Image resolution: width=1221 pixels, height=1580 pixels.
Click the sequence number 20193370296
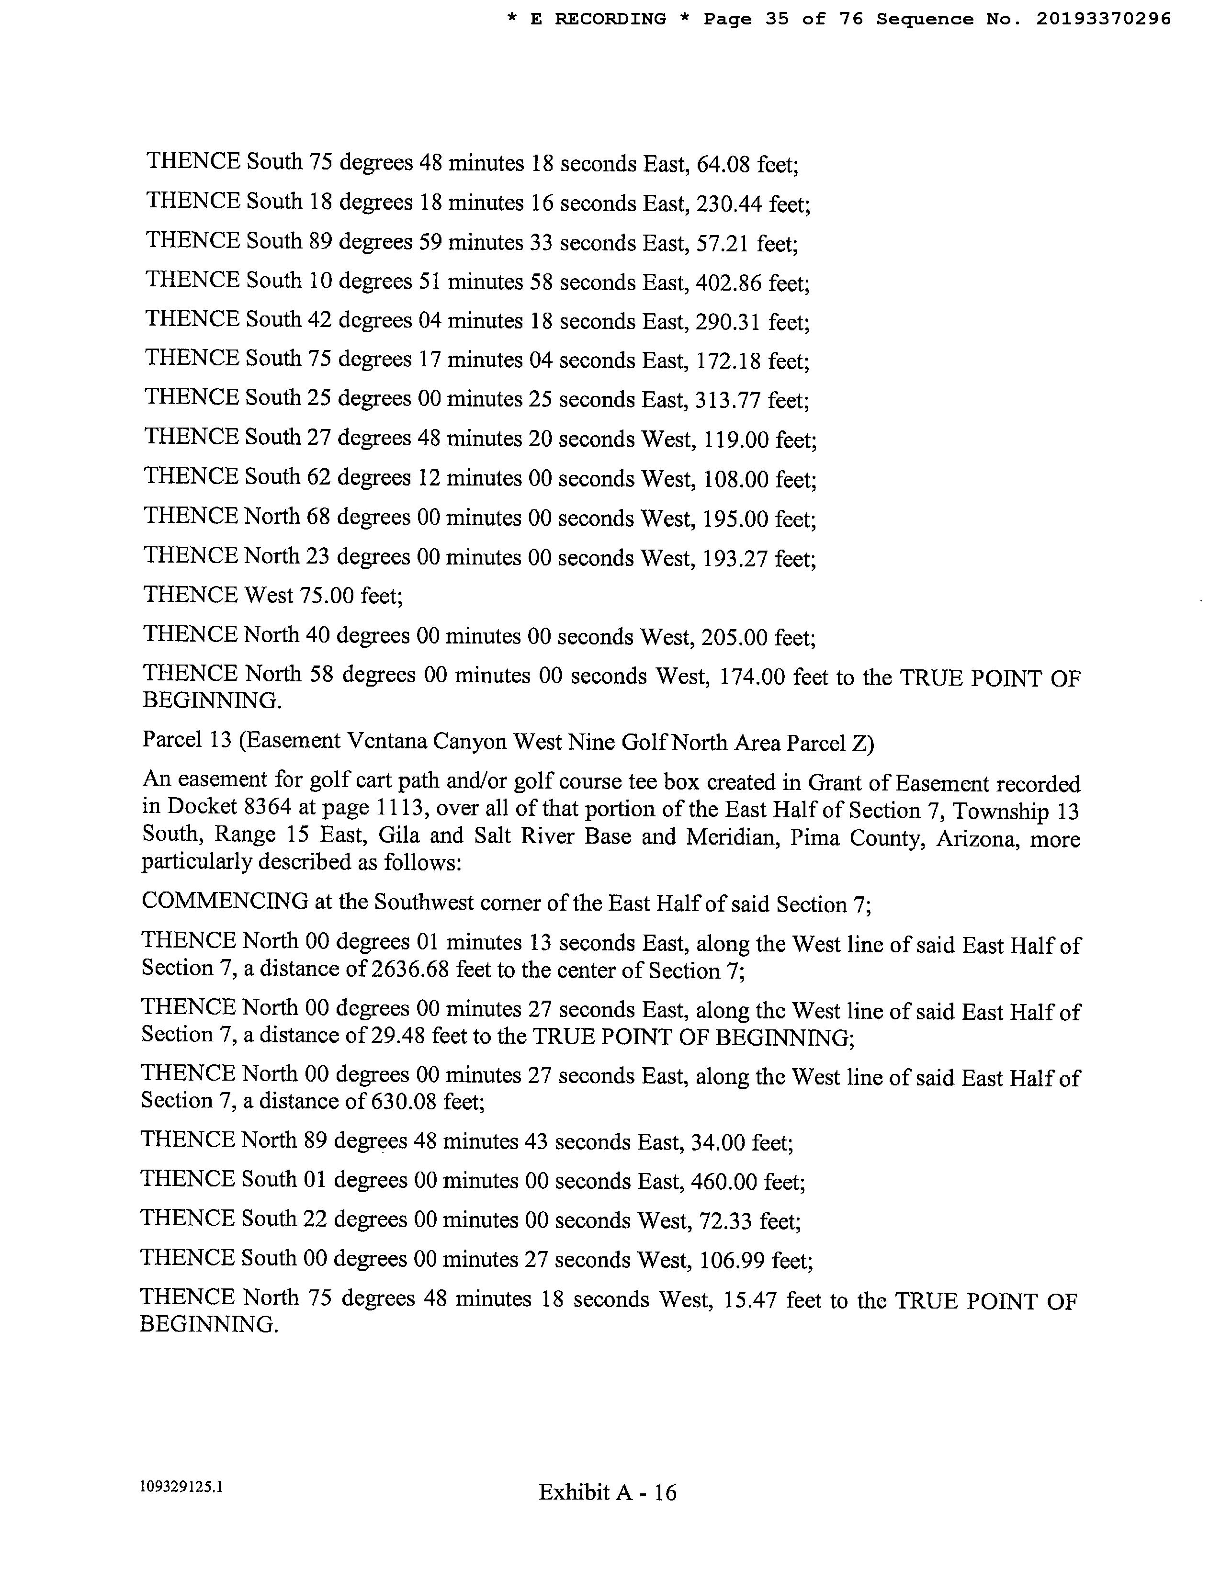coord(1103,20)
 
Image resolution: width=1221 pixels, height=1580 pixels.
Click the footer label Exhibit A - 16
coord(608,1492)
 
